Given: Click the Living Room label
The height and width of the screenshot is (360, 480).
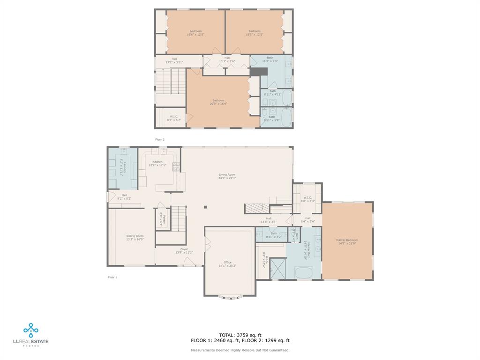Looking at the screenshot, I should (x=227, y=176).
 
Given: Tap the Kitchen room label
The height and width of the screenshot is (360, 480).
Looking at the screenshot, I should (x=157, y=164).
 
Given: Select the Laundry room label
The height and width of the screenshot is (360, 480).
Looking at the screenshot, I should (x=121, y=167).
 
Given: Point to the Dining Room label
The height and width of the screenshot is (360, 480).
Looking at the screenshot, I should (x=135, y=238).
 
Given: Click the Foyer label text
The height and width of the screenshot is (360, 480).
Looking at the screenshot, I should (x=184, y=251).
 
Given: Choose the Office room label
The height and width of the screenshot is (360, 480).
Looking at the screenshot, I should (x=227, y=264).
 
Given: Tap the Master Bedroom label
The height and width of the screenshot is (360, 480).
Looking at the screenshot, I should (x=347, y=241).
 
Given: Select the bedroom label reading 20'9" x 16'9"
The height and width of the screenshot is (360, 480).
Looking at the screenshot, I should (x=218, y=102).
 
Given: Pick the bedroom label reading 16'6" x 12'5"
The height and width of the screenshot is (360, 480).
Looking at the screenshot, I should (x=195, y=33).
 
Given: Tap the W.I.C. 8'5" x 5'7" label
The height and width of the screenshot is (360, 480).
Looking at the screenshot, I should (x=174, y=118).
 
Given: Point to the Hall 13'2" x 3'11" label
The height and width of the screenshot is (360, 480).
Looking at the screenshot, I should (x=174, y=60).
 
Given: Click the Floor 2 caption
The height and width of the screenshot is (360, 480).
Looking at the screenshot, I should (x=160, y=139).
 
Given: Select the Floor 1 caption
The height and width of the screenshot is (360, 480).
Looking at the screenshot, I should (x=112, y=277).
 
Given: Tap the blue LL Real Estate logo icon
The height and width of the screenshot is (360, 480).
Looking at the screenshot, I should (x=31, y=330).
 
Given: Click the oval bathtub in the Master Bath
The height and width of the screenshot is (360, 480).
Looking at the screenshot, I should (x=304, y=272).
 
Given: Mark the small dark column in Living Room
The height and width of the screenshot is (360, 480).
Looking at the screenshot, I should (x=205, y=207).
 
